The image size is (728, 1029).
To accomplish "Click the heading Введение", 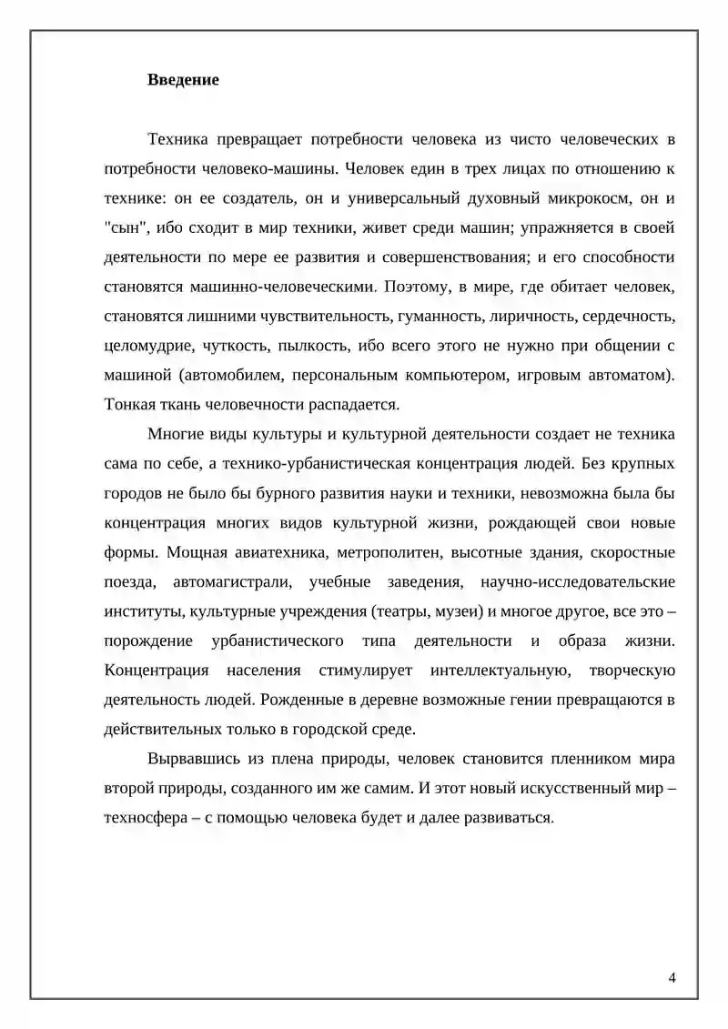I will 183,80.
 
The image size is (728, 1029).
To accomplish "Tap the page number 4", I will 672,978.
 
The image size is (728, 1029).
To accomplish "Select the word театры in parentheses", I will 375,611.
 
